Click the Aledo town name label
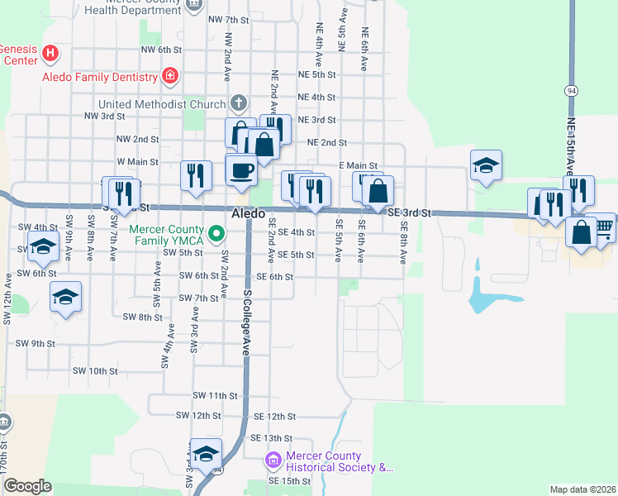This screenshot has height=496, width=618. [x=248, y=213]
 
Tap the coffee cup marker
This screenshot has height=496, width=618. [x=241, y=169]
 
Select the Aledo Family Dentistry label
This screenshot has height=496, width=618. [x=100, y=77]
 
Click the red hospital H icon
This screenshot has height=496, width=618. [x=51, y=53]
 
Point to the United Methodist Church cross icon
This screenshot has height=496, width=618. [x=238, y=103]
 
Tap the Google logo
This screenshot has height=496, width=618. [x=28, y=487]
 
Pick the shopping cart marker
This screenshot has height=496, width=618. [x=604, y=227]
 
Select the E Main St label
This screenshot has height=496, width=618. [x=358, y=166]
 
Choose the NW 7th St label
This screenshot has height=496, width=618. [x=229, y=19]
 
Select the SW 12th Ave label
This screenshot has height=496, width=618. [x=7, y=297]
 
